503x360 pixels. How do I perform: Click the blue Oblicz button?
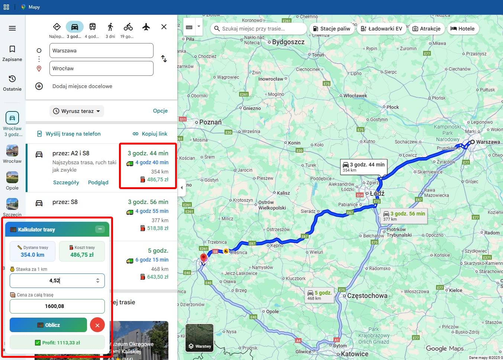pos(48,325)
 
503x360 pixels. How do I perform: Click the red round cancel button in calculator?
pos(97,325)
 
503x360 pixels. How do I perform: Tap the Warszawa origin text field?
pos(101,51)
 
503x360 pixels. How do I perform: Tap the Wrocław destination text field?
pos(101,68)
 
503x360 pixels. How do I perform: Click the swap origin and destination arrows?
pos(164,59)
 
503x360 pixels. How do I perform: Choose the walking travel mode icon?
pos(110,27)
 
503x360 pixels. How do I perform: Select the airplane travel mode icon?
pos(146,27)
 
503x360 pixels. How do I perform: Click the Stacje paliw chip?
pos(332,29)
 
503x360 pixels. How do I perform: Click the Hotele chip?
pos(462,29)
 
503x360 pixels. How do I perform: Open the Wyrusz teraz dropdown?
pos(77,111)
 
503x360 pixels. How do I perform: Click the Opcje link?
pos(160,111)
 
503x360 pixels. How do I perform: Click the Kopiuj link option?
pos(150,134)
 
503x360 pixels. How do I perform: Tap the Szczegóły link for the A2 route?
pos(66,182)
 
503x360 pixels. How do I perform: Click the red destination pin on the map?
pos(203,257)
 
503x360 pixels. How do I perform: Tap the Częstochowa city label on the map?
pos(367,296)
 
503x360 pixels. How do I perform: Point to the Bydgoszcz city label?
pos(288,42)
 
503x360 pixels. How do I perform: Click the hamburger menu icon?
pos(12,28)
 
